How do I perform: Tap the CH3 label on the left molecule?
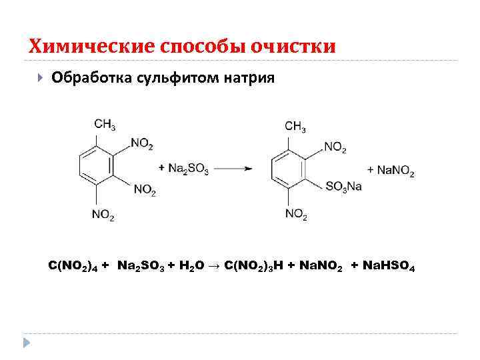(x=105, y=125)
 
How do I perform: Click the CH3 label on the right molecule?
(x=295, y=126)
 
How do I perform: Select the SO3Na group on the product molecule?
(x=344, y=187)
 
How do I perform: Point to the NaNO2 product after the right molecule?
(x=396, y=171)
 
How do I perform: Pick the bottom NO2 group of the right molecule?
(x=296, y=214)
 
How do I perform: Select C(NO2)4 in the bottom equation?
(x=73, y=267)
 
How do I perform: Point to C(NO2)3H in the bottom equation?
(x=253, y=267)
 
